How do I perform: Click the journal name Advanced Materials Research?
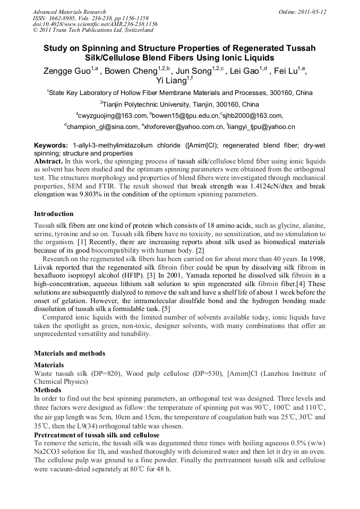coord(69,12)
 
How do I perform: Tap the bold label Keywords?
coord(51,145)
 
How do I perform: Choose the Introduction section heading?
coord(54,213)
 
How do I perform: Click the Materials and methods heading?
coord(70,353)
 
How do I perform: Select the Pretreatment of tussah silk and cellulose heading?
coord(97,435)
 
